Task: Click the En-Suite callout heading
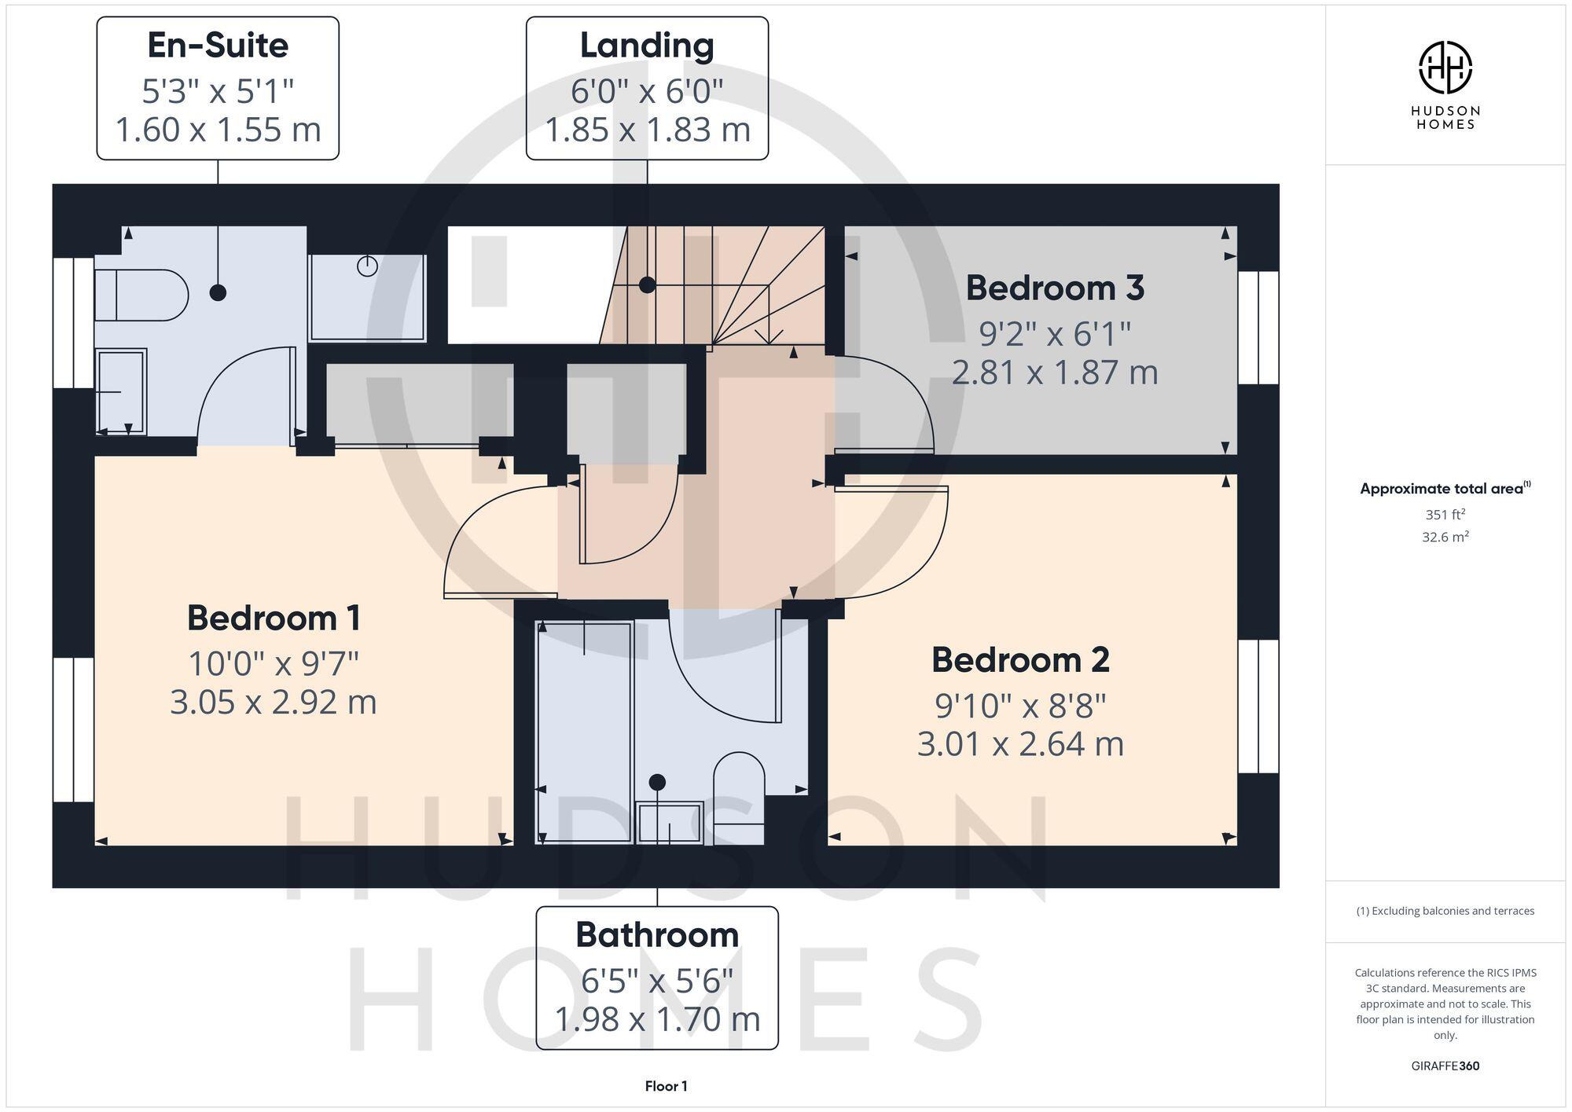218,46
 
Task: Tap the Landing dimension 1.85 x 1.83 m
647,130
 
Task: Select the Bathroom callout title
657,935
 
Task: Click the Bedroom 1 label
274,618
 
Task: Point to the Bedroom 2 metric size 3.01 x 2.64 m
1020,743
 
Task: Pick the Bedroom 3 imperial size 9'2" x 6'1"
1054,334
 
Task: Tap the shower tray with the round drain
367,297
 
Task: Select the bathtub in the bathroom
584,732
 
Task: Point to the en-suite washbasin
121,391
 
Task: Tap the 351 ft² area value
1445,515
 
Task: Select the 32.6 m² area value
1445,538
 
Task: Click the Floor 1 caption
666,1086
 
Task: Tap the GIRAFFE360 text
1445,1066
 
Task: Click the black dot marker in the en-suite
219,292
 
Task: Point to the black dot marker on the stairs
647,285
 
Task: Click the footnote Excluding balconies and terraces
1445,911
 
